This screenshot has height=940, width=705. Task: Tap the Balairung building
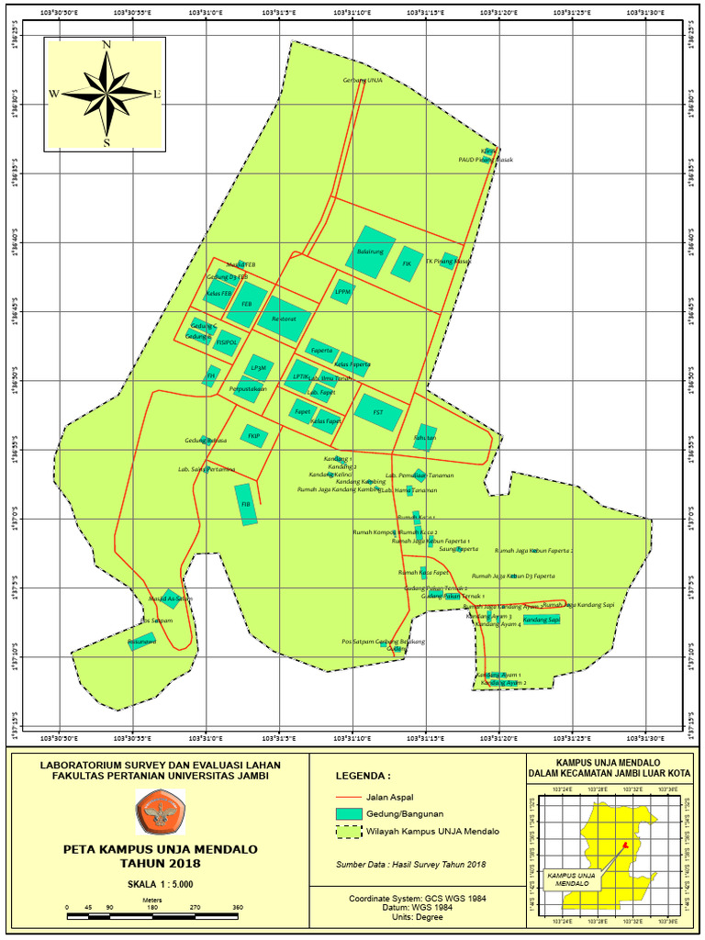[371, 252]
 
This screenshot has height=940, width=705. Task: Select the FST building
[379, 413]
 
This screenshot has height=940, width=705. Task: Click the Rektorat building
[283, 319]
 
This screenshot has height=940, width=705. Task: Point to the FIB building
[245, 504]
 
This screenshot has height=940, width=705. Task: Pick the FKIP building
[253, 436]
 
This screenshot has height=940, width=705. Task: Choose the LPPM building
[342, 292]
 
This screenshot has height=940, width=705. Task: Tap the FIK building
[407, 263]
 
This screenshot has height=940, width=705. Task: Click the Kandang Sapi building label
[542, 620]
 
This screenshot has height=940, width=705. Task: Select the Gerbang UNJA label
[362, 80]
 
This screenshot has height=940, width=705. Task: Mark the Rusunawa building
[142, 642]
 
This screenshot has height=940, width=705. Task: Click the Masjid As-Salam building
[170, 599]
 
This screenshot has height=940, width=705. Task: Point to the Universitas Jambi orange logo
[160, 811]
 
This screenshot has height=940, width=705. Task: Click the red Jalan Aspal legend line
[347, 797]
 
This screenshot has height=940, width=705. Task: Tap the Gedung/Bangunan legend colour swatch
[347, 813]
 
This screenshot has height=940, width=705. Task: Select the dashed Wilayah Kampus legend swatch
[347, 831]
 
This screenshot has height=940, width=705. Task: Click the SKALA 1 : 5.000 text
[160, 883]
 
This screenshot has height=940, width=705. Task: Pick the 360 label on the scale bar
[237, 908]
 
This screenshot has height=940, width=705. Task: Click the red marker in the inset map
[623, 845]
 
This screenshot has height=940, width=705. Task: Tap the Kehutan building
[425, 437]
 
